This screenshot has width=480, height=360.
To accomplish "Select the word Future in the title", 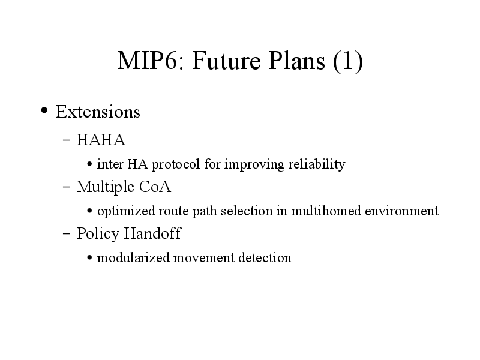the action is point(227,61).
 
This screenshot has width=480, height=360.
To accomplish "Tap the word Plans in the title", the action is point(296,61).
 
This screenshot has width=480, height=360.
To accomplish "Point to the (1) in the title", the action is point(348,61).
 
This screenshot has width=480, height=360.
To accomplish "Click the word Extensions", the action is point(98,112).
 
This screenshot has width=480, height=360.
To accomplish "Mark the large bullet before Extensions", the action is point(44,110).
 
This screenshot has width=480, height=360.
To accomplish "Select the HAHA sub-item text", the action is point(101,140).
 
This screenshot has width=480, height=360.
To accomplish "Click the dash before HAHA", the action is point(67,140).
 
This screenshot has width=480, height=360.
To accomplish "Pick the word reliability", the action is point(317,164).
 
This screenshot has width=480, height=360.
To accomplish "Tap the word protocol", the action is point(176,164).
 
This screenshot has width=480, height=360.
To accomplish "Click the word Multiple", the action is point(106,187).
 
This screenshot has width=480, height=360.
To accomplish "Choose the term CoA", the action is point(155,187).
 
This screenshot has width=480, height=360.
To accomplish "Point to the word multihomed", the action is point(326,211).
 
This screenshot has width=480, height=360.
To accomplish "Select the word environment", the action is point(401,211).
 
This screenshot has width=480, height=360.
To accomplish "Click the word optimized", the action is point(126,211).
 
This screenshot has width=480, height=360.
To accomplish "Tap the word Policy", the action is point(98,233).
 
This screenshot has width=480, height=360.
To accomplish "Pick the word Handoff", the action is point(152,233).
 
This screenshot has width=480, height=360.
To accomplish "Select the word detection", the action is point(265,258).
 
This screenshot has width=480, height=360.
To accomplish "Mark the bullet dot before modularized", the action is point(89,257).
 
